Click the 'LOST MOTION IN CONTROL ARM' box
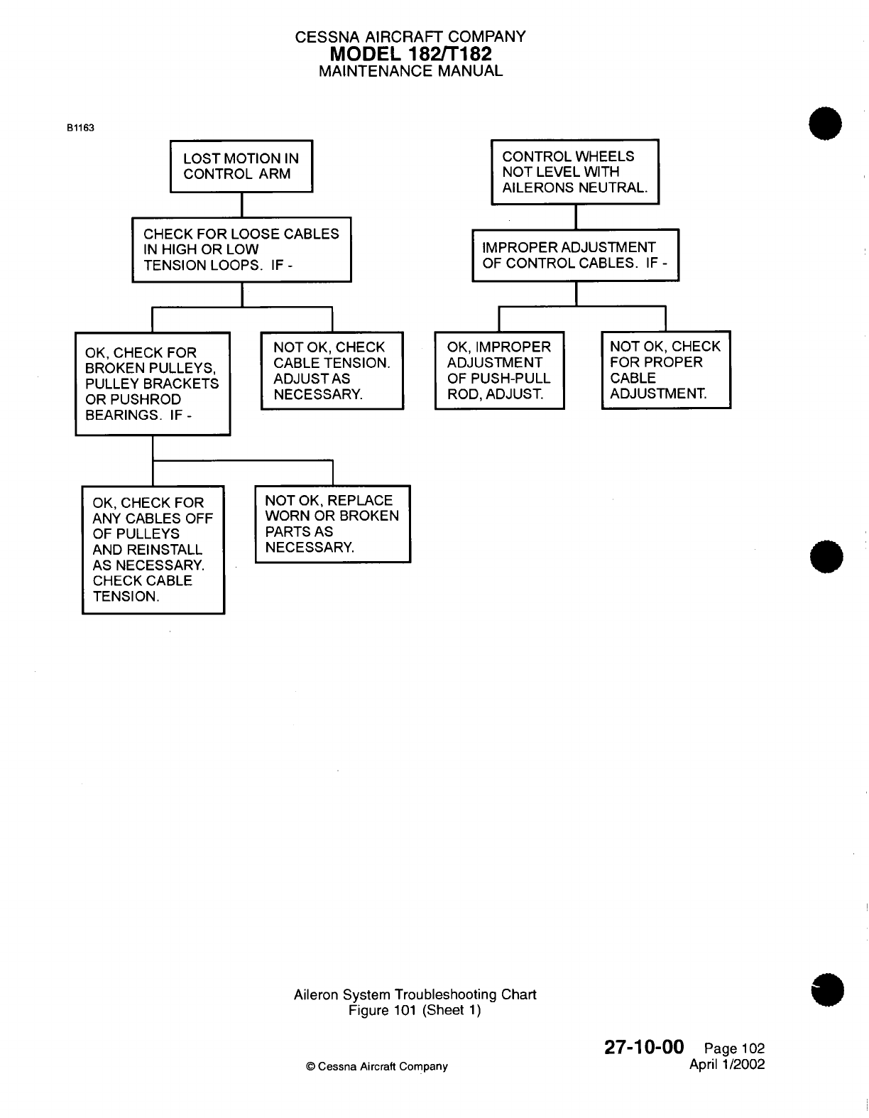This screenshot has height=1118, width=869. click(241, 166)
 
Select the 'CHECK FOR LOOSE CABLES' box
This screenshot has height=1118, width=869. click(241, 249)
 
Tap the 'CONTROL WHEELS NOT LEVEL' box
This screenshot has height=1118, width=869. click(574, 172)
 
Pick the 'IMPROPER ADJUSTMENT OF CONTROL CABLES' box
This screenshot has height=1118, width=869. click(575, 255)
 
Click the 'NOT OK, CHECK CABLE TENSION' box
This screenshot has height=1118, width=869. click(332, 371)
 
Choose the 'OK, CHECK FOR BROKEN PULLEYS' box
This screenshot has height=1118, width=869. click(153, 384)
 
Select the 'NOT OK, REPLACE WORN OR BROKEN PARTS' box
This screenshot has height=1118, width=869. click(332, 524)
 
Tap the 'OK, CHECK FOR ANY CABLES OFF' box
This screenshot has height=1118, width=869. click(153, 550)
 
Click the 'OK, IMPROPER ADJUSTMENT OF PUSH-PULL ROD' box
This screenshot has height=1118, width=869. click(499, 370)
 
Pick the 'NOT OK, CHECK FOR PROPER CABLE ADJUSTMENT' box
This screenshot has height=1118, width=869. click(665, 370)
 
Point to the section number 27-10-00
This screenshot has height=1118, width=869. click(644, 1047)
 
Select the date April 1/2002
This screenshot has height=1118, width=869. click(727, 1064)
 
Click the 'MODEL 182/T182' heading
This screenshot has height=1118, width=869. click(410, 54)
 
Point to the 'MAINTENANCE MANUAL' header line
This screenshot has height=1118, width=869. click(410, 71)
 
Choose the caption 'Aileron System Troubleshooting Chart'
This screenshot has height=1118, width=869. click(415, 994)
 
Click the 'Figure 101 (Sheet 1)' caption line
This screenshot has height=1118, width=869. click(415, 1010)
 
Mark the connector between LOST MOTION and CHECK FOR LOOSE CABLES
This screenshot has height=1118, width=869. click(242, 205)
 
